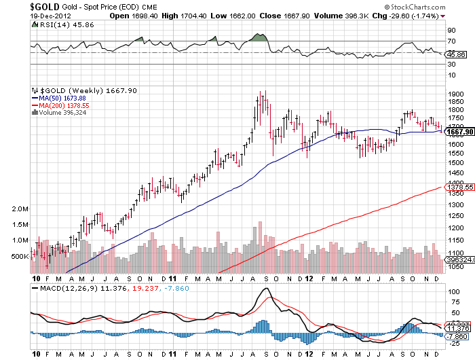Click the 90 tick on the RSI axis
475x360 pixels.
pyautogui.click(x=450, y=31)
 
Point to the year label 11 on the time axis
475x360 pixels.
pyautogui.click(x=173, y=278)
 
